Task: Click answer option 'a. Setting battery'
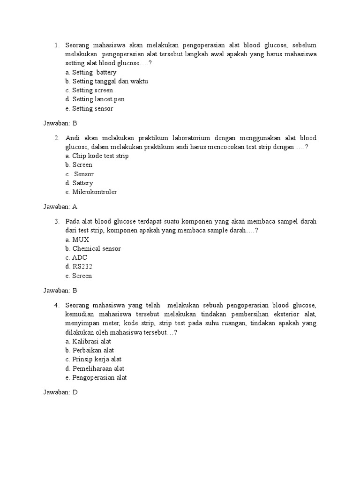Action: point(91,73)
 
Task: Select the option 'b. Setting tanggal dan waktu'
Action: point(107,82)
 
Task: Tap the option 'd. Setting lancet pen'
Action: point(95,99)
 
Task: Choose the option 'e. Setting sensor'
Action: point(90,109)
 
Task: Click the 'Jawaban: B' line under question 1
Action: point(60,123)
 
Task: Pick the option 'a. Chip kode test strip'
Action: point(97,156)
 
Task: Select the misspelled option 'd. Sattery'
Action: point(79,183)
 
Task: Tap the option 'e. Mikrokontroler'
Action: point(91,192)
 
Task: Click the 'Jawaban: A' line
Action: point(60,206)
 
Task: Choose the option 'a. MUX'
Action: point(77,240)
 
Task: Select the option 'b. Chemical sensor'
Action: point(93,248)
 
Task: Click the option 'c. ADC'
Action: point(76,257)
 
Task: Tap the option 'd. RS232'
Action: point(79,267)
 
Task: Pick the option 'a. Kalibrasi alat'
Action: point(89,341)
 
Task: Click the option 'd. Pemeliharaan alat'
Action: point(95,368)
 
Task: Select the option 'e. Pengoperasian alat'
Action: point(96,378)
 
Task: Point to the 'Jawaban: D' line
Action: point(60,392)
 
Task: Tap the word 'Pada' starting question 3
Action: point(73,221)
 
